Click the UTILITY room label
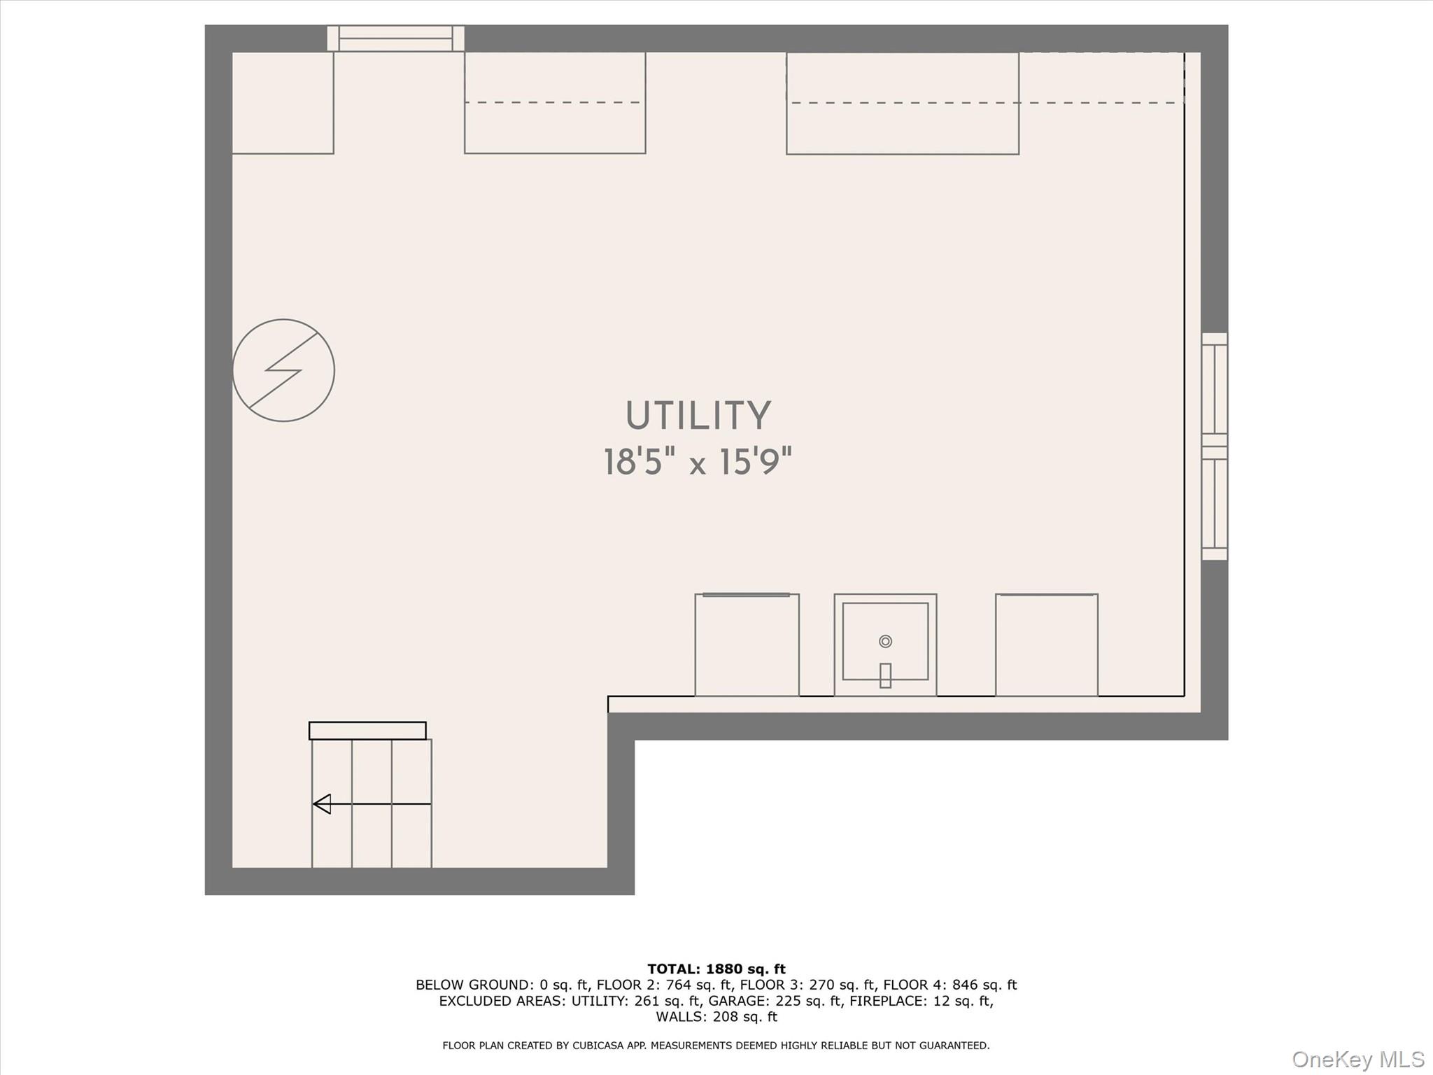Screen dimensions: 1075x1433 (698, 416)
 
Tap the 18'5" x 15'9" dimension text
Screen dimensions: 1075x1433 (698, 462)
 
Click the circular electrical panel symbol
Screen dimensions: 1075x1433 (283, 370)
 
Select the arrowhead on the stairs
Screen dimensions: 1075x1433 (322, 804)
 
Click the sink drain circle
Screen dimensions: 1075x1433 (885, 641)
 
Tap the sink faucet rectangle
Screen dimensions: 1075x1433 (885, 675)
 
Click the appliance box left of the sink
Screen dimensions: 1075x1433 (747, 645)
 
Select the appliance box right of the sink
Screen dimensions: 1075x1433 (1046, 645)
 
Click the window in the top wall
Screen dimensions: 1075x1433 (395, 38)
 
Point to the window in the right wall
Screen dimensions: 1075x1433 (1215, 447)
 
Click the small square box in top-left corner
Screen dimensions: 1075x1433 (283, 103)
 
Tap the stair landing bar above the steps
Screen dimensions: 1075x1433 (367, 731)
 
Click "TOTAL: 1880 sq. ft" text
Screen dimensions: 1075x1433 (716, 969)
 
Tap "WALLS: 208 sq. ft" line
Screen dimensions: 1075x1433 (716, 1017)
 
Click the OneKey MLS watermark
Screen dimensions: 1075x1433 (1358, 1060)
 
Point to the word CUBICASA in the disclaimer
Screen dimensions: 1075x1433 (599, 1046)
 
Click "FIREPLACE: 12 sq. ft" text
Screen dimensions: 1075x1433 (922, 1001)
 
